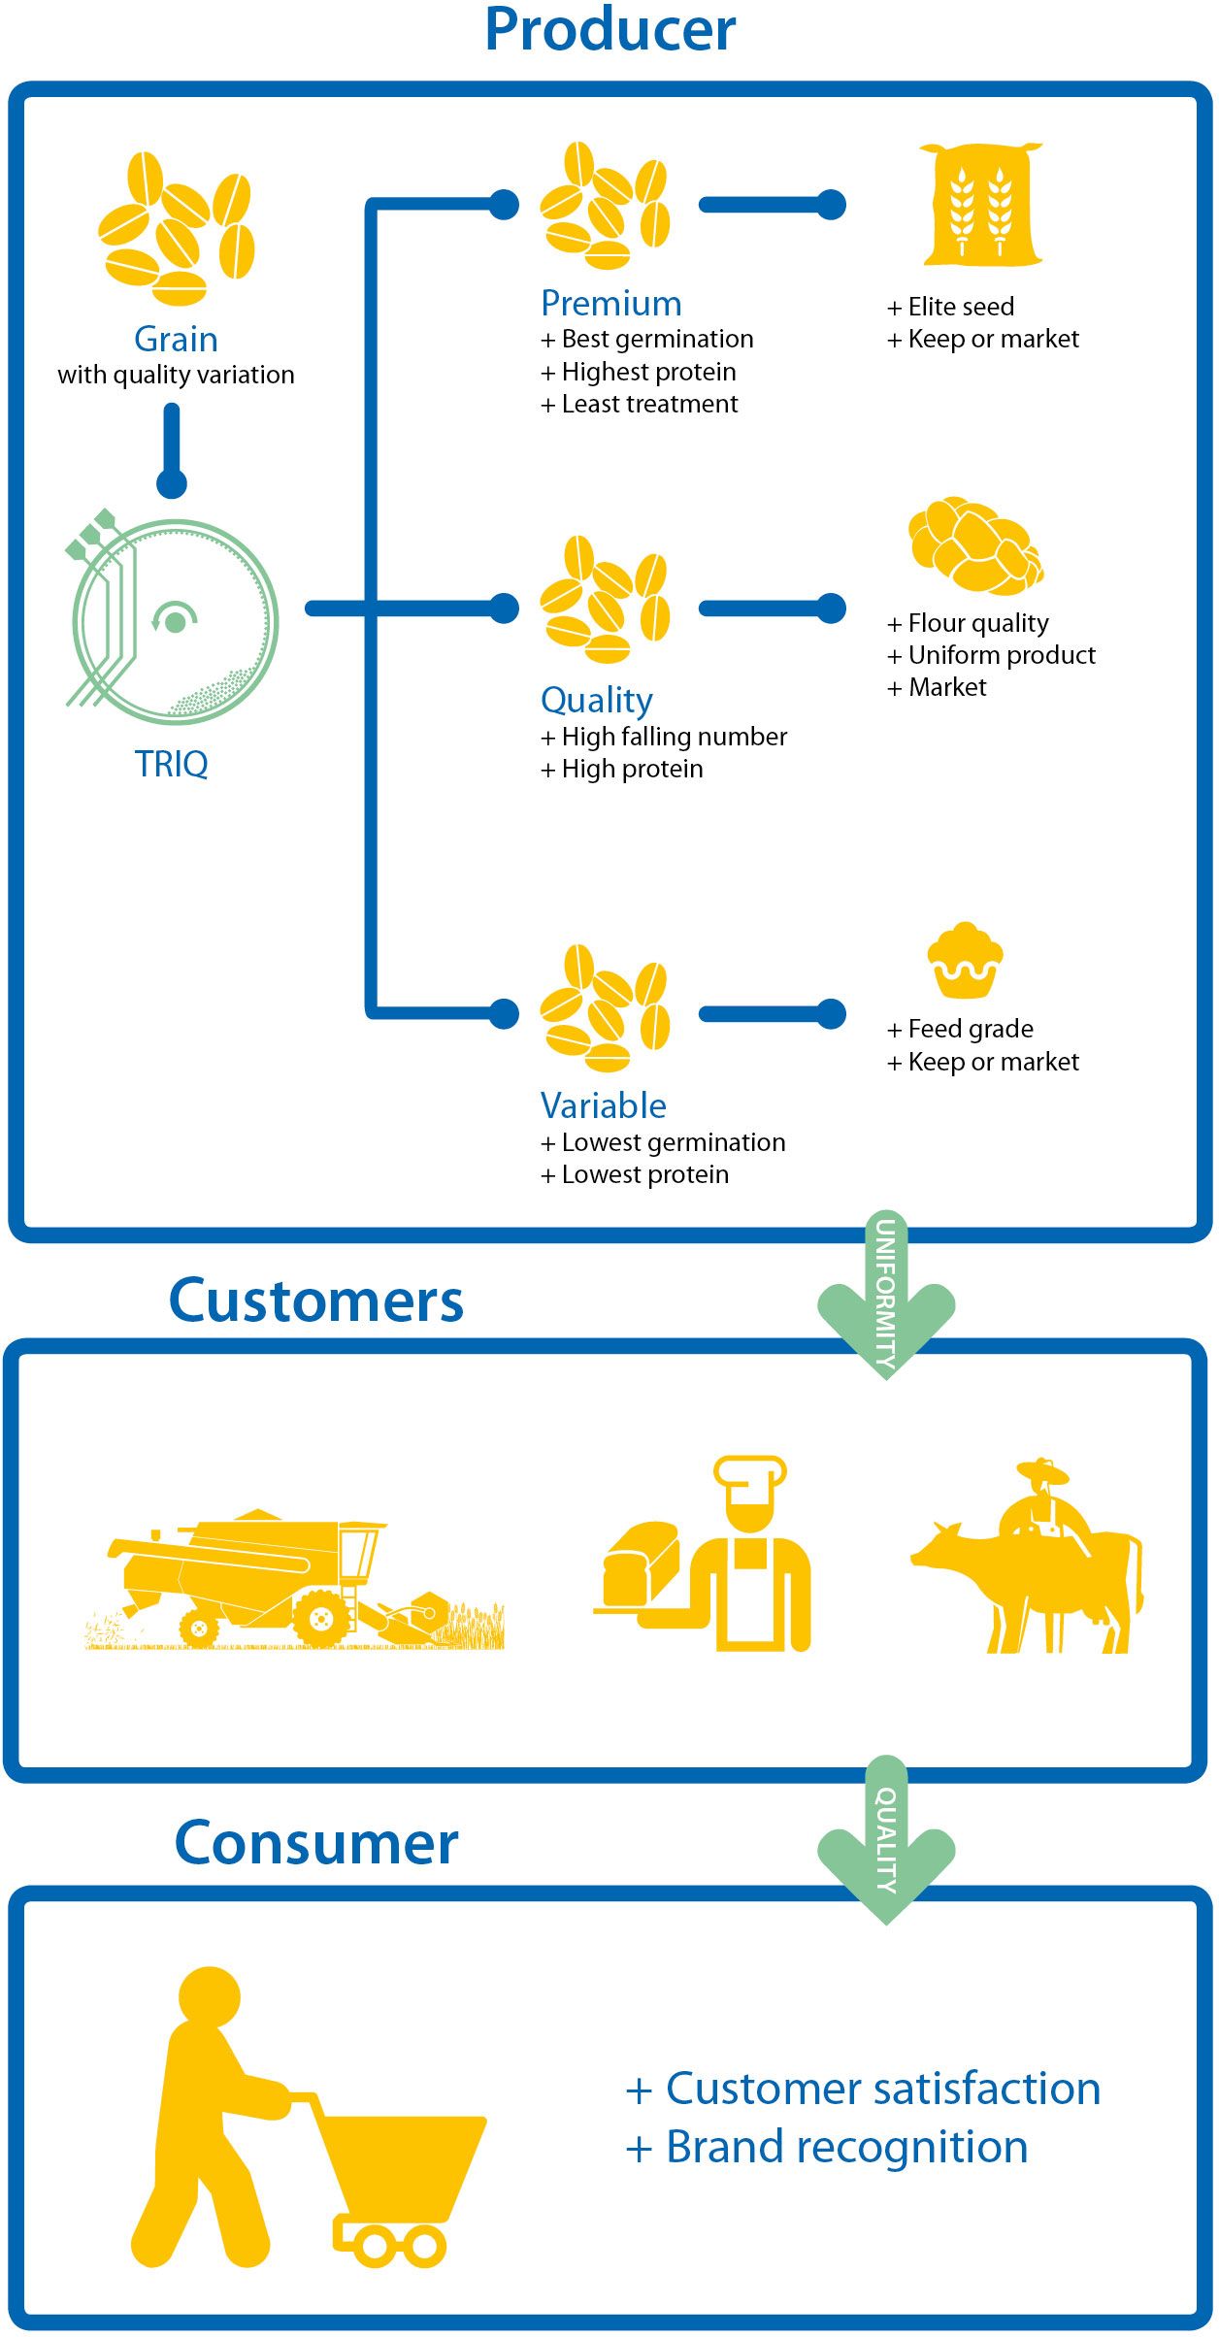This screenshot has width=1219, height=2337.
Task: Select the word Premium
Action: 611,303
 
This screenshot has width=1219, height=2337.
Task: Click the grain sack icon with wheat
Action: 981,205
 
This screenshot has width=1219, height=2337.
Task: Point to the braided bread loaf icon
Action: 976,545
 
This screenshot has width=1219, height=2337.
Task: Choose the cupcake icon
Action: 965,960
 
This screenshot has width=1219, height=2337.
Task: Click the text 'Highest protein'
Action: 648,372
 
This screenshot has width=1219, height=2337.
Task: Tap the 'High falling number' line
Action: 675,737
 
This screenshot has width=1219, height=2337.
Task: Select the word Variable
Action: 603,1105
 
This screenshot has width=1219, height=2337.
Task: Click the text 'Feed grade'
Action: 971,1029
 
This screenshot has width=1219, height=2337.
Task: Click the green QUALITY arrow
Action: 886,1839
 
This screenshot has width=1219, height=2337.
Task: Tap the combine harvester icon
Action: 294,1579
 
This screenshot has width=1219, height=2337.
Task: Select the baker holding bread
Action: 702,1554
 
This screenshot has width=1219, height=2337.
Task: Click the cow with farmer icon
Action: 1027,1556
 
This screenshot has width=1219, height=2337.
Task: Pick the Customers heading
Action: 316,1300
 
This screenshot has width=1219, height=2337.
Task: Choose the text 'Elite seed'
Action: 961,307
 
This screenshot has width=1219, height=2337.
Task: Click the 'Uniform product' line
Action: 1002,655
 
